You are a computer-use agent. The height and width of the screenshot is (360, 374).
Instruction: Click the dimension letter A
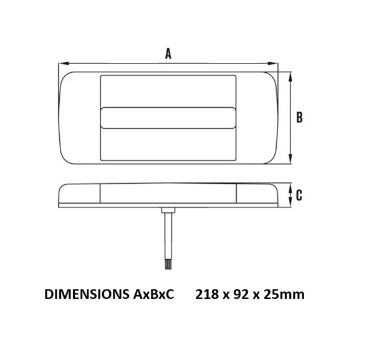(168, 54)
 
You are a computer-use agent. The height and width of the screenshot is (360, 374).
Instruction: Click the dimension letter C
(299, 196)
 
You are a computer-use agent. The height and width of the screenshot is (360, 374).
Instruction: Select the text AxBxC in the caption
(151, 293)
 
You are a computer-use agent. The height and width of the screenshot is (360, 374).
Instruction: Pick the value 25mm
(285, 293)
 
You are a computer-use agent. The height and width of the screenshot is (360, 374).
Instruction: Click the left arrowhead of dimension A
(60, 64)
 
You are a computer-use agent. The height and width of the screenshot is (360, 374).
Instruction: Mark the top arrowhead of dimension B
(290, 74)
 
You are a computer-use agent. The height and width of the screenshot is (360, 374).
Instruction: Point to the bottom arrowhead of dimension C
(290, 204)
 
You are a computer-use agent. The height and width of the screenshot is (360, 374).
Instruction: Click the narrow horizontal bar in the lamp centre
(168, 117)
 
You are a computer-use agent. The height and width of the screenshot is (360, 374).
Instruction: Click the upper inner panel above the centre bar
(168, 91)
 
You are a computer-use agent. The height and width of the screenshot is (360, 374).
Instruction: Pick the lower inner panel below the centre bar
(168, 144)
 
